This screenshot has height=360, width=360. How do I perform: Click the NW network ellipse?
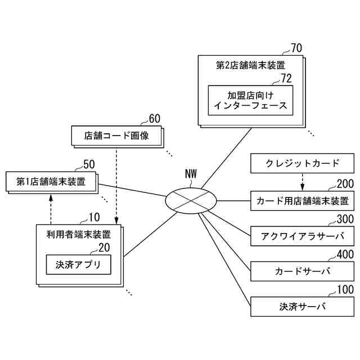(191, 200)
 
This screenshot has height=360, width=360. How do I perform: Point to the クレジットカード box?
(302, 164)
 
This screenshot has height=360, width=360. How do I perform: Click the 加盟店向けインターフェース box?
(250, 100)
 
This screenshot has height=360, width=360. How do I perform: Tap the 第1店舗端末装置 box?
(51, 182)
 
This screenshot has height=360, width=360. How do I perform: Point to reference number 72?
(286, 78)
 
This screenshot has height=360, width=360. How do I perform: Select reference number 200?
(345, 184)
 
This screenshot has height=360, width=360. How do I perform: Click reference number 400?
(345, 255)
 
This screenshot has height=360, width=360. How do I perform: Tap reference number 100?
(345, 290)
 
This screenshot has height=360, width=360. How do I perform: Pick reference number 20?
(104, 247)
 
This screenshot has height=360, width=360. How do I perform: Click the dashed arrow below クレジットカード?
(302, 182)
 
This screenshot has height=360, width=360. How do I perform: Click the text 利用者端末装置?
(78, 234)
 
